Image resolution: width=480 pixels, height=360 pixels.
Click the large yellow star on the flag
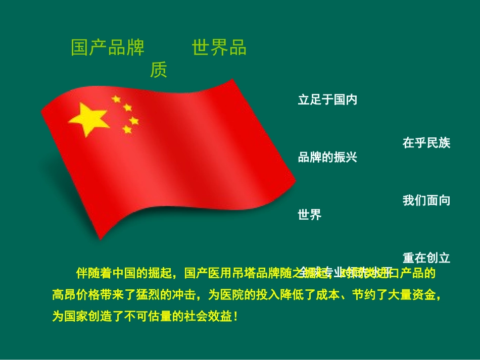click(x=89, y=119)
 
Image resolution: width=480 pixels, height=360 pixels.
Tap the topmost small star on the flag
click(x=116, y=98)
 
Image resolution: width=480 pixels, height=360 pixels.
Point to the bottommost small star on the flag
click(x=127, y=130)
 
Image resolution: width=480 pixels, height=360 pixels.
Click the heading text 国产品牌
click(x=108, y=47)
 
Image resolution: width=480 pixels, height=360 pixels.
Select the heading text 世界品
click(x=219, y=47)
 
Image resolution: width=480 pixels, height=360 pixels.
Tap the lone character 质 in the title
click(x=158, y=71)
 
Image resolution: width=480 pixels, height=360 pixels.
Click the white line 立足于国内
click(x=327, y=100)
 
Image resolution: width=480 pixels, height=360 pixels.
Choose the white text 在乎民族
click(x=426, y=143)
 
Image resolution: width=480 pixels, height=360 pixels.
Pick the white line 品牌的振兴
click(x=327, y=158)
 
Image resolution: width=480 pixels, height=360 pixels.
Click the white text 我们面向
click(x=426, y=200)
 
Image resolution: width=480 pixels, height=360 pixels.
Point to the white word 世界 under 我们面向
click(x=310, y=215)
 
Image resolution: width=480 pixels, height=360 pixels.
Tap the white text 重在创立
click(x=426, y=258)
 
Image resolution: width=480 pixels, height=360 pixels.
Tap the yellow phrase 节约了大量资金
click(x=401, y=295)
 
